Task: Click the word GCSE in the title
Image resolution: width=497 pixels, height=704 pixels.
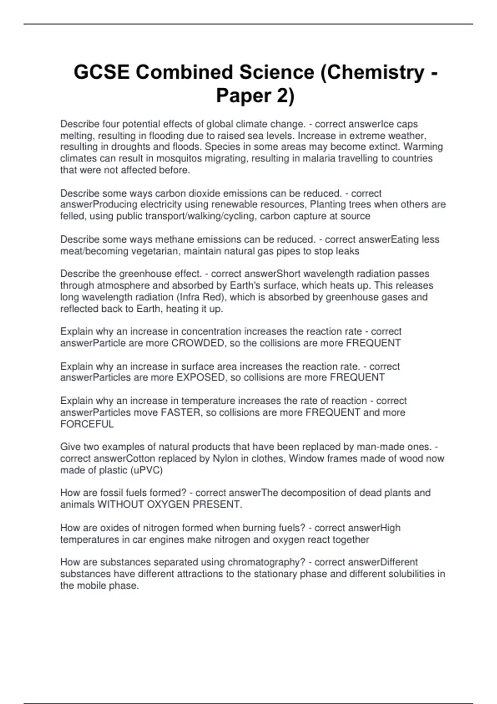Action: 101,72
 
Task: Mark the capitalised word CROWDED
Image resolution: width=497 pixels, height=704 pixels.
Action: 198,343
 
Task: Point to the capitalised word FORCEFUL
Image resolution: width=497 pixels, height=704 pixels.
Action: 87,424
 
